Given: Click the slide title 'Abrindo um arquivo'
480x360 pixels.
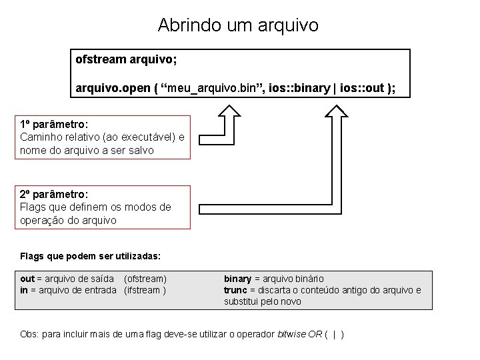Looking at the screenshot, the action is pyautogui.click(x=238, y=25).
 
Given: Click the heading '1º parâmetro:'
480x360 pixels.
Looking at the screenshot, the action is pyautogui.click(x=55, y=125).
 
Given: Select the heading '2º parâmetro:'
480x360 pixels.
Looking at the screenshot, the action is pyautogui.click(x=55, y=194).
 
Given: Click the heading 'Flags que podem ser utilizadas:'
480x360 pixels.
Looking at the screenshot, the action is pyautogui.click(x=90, y=256).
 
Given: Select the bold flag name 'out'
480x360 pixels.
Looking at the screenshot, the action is pyautogui.click(x=27, y=279).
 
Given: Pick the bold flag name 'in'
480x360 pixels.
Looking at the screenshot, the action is pyautogui.click(x=24, y=290).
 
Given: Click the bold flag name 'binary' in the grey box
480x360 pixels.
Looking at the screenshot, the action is pyautogui.click(x=237, y=279).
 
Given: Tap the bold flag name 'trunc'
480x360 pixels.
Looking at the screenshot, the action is pyautogui.click(x=235, y=290).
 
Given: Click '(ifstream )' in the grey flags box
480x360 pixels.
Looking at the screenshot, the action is pyautogui.click(x=145, y=290).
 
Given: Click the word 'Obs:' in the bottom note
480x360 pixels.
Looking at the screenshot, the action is pyautogui.click(x=30, y=334).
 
